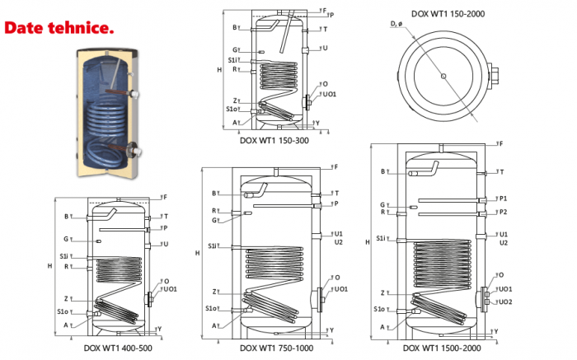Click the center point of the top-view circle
coord(443,77)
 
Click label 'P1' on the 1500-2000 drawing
coord(503,199)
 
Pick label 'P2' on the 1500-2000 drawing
coord(503,213)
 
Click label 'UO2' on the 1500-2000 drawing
coord(505,302)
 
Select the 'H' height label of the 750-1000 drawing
coord(197,253)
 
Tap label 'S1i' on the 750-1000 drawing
coord(213,246)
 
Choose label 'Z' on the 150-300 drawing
coord(236,101)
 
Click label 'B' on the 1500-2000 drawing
coord(383,171)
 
